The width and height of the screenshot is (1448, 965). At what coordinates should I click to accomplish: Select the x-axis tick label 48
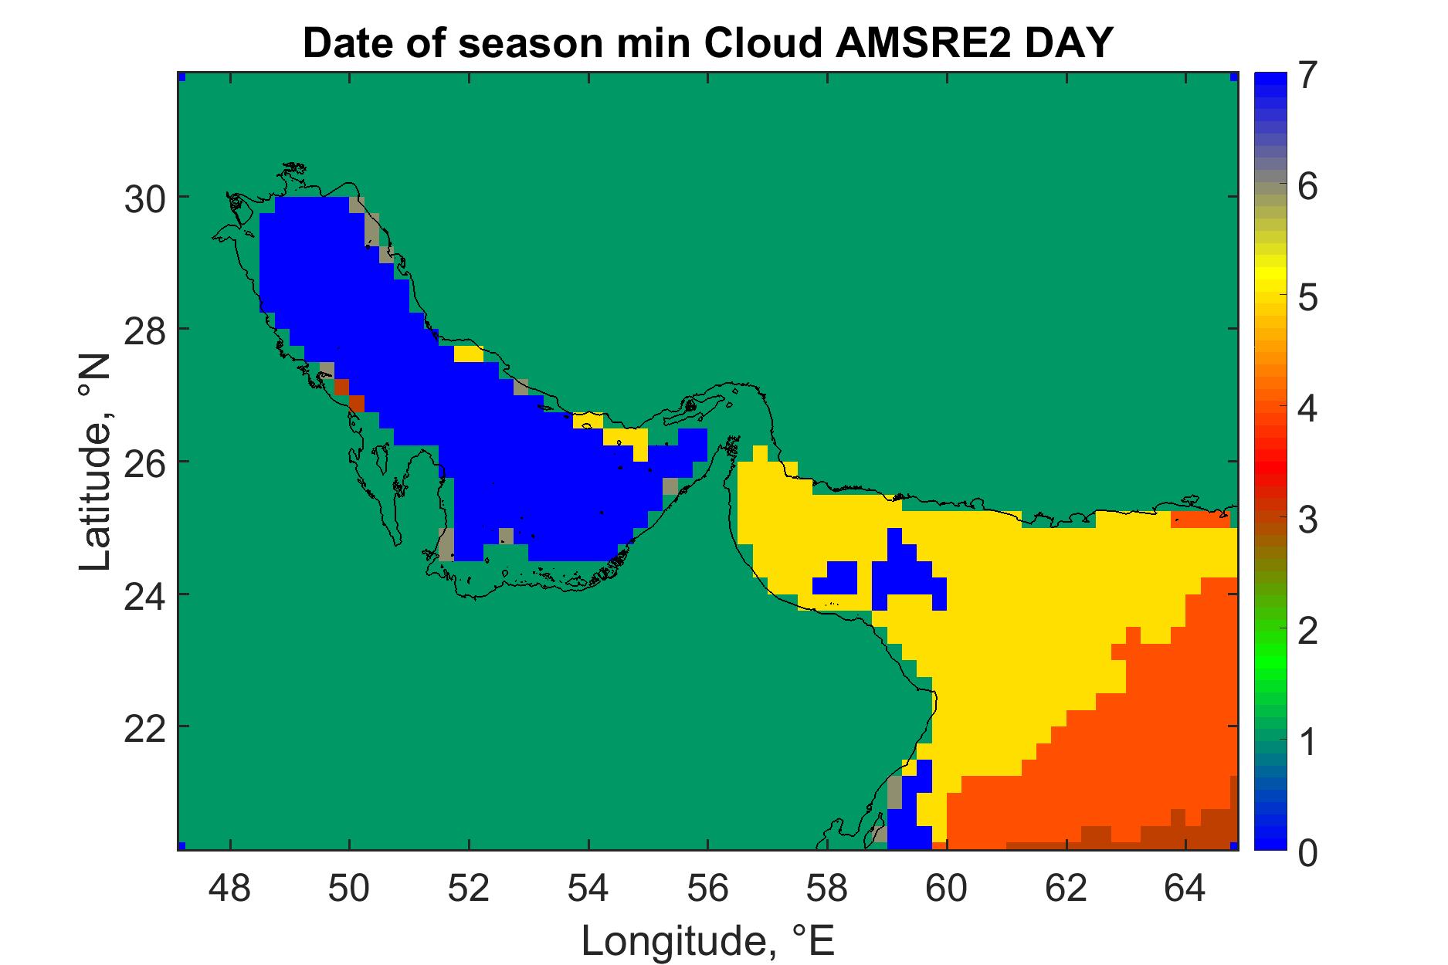(230, 890)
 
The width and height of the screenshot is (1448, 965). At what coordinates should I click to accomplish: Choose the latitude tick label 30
(145, 198)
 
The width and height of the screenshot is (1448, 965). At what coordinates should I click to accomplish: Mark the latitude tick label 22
(145, 727)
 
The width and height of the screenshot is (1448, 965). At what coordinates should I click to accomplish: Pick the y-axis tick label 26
(145, 462)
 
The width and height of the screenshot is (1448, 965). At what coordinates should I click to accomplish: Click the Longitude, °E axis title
(708, 940)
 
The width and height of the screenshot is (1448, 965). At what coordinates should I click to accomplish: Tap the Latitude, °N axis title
(97, 463)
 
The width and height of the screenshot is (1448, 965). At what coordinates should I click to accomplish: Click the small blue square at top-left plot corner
(182, 77)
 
